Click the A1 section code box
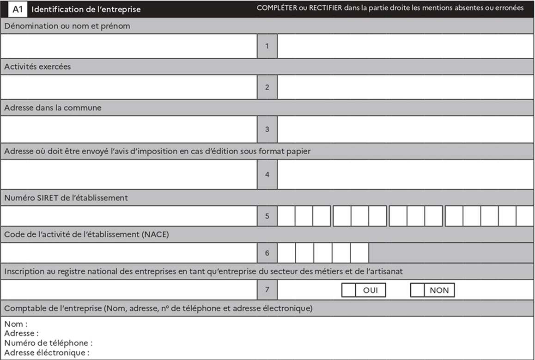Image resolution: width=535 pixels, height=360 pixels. [x=18, y=9]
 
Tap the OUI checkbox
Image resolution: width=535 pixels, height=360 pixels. [x=348, y=290]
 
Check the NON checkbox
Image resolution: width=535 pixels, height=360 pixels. [x=417, y=290]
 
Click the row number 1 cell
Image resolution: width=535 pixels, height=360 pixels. [x=267, y=46]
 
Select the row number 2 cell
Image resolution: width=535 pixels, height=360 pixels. [x=267, y=87]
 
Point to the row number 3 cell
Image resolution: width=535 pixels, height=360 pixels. [x=267, y=129]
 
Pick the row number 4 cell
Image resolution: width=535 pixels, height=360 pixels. [x=267, y=174]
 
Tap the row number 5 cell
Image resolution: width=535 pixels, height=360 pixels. [x=267, y=216]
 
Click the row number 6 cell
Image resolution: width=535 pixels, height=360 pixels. [x=267, y=253]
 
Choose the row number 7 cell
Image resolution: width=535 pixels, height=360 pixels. [x=267, y=290]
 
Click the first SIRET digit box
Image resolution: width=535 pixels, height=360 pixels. [x=286, y=216]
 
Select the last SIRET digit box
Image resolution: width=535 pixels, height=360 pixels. [x=525, y=216]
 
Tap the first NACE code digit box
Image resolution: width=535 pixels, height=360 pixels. [x=286, y=253]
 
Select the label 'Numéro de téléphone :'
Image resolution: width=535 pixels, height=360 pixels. [x=49, y=343]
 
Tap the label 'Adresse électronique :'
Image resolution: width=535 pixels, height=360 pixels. [x=47, y=353]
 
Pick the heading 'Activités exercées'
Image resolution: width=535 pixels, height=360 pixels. [x=38, y=67]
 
